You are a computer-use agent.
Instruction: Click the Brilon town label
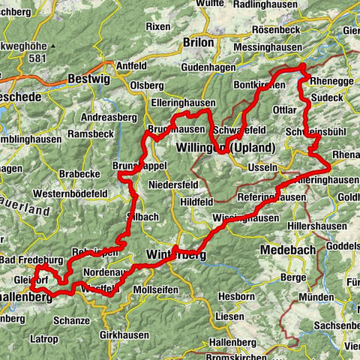(x=199, y=43)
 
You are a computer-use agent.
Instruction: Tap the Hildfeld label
(x=196, y=202)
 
